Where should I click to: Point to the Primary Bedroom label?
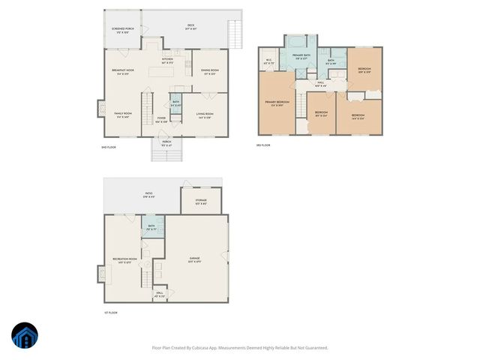pos(277,103)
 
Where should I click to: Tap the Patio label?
pos(149,194)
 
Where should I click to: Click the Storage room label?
pos(201,200)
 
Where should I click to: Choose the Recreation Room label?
pos(124,260)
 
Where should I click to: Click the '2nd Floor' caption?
pos(109,148)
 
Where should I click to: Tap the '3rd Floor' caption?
pos(262,145)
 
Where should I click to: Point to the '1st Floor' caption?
pos(110,312)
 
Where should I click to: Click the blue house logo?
pos(24,336)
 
